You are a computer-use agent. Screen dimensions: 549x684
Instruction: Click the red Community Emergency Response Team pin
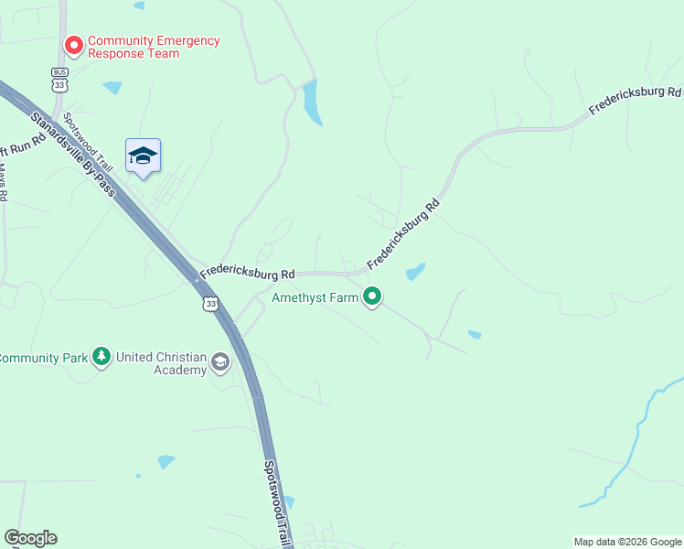[x=73, y=44]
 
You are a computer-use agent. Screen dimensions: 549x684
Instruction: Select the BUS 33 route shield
[x=60, y=79]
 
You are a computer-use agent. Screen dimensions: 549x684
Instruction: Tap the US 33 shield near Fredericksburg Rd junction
[x=211, y=303]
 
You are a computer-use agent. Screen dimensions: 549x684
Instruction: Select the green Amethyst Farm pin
[x=372, y=296]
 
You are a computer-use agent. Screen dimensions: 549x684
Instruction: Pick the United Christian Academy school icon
[x=219, y=363]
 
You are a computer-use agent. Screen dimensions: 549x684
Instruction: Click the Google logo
[x=30, y=538]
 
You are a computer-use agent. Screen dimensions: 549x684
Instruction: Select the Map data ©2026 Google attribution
[x=627, y=542]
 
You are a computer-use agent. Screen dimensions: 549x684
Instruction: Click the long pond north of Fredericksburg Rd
[x=312, y=102]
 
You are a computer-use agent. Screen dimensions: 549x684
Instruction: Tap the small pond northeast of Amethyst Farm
[x=416, y=271]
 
